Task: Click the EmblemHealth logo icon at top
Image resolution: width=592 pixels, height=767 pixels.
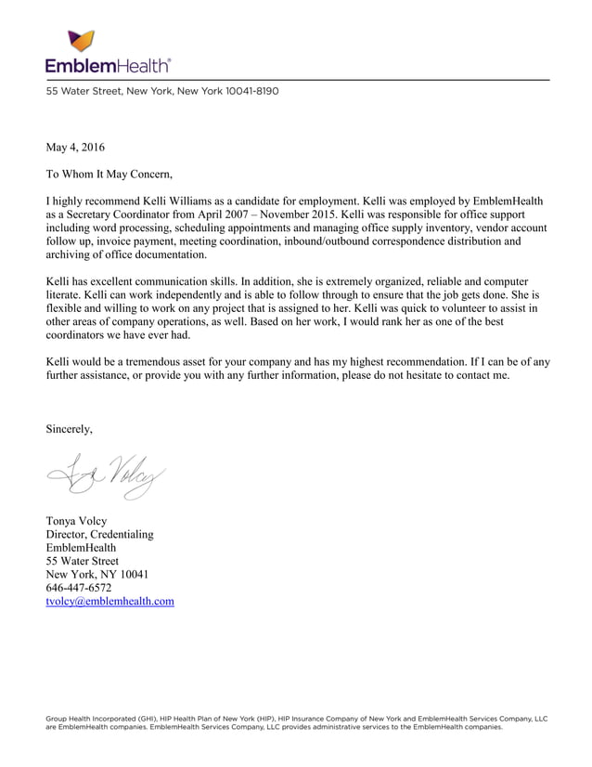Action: pyautogui.click(x=81, y=41)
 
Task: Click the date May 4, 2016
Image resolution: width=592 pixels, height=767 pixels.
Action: pyautogui.click(x=75, y=147)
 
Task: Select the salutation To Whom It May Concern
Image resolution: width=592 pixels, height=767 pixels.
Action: pyautogui.click(x=109, y=173)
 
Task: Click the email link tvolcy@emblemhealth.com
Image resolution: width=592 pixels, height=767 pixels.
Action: pyautogui.click(x=110, y=601)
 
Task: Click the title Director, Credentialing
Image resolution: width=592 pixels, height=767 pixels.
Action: pyautogui.click(x=100, y=535)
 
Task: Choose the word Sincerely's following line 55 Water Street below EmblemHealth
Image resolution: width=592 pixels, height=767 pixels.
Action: pyautogui.click(x=83, y=561)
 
